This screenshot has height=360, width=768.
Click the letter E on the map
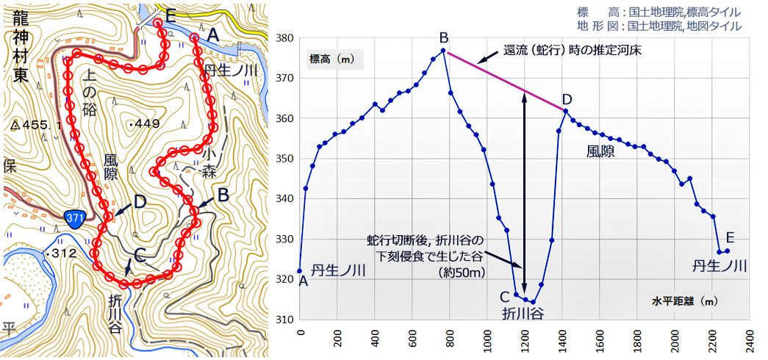click(171, 15)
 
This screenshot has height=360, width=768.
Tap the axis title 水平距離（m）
click(683, 300)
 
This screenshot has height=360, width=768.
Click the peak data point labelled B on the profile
click(443, 51)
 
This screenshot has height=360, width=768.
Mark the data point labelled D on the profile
click(565, 111)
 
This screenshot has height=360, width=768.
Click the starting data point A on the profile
click(300, 271)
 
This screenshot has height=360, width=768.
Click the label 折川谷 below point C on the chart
click(523, 314)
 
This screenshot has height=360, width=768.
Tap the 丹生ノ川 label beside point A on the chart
click(338, 270)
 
